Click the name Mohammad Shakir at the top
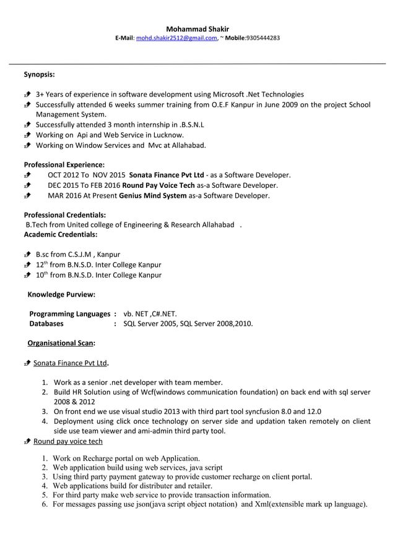197,28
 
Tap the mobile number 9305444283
263,38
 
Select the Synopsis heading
39,75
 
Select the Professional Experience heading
64,165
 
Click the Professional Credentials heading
64,214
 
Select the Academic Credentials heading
60,235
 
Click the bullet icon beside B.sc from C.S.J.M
28,255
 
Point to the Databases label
47,323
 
